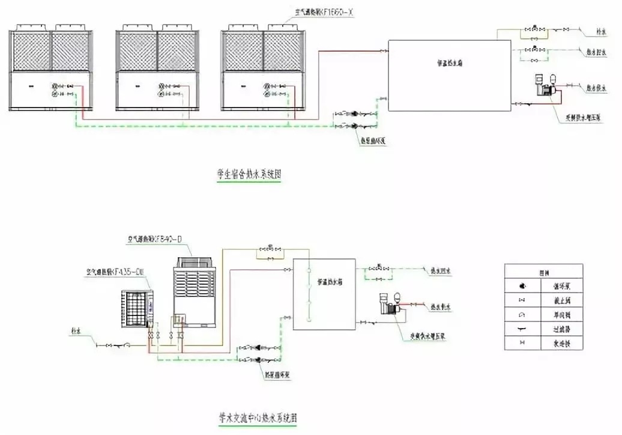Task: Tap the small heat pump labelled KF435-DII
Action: click(x=137, y=308)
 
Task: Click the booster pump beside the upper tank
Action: click(x=545, y=87)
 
